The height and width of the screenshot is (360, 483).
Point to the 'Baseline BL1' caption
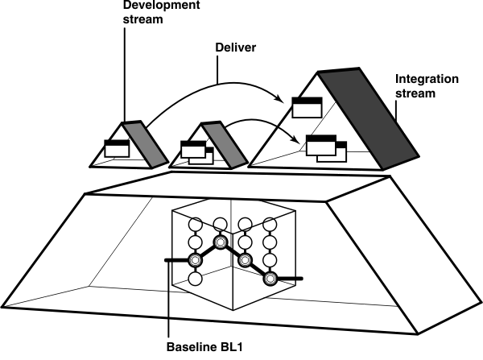[207, 349]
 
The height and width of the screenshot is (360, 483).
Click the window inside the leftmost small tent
[116, 147]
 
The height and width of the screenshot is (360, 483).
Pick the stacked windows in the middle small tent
[196, 151]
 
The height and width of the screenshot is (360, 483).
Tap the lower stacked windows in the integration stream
[325, 147]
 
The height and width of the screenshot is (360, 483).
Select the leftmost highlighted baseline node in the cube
[194, 260]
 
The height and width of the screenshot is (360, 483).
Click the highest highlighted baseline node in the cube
[219, 242]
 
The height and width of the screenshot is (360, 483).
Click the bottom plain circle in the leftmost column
[194, 279]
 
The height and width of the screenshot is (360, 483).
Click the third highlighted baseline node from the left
[245, 260]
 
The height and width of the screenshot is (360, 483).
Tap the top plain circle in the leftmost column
[194, 223]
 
